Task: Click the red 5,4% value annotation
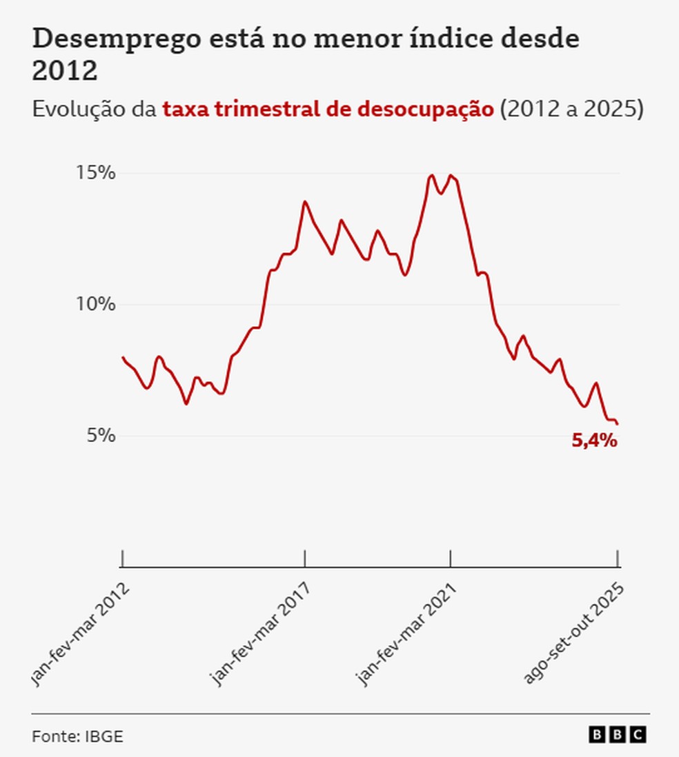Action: coord(594,441)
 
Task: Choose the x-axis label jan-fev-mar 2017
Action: coord(260,634)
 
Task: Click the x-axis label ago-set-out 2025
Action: coord(574,633)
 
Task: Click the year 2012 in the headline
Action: coord(64,71)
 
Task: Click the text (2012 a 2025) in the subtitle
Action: coord(571,110)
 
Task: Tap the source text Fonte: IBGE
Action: coord(77,736)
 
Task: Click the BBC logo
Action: coord(618,735)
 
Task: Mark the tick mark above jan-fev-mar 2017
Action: coord(304,558)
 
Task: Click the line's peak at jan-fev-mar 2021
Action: coord(451,175)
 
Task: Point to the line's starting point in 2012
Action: coord(122,357)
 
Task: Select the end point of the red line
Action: coord(618,424)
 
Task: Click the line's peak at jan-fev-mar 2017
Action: coord(304,201)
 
